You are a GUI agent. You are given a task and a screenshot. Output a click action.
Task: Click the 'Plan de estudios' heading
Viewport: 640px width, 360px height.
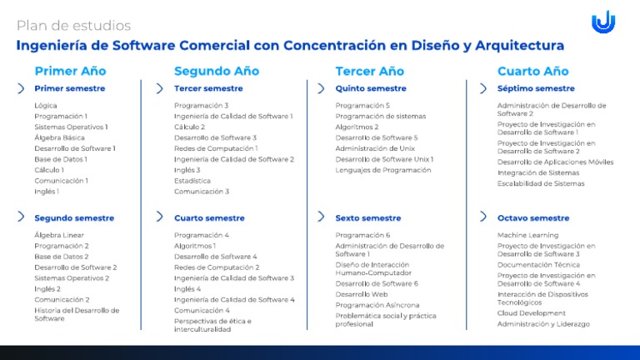tap(73, 26)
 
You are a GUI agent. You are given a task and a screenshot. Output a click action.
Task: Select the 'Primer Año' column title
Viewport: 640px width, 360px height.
tap(70, 71)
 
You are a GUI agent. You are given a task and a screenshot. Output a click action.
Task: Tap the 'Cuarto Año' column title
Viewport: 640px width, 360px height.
tap(532, 71)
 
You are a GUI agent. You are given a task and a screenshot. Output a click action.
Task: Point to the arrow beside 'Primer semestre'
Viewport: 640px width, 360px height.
tap(21, 88)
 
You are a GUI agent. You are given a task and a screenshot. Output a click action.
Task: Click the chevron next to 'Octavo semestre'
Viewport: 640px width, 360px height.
tap(483, 217)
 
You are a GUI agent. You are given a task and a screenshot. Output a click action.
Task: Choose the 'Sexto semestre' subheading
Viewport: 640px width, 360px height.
tap(367, 218)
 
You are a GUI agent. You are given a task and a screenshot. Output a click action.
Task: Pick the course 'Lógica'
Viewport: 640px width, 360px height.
tap(46, 105)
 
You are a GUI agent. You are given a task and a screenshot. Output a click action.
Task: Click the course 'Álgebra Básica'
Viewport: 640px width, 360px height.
tap(60, 137)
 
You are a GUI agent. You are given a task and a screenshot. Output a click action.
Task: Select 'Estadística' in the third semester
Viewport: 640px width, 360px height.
tap(192, 180)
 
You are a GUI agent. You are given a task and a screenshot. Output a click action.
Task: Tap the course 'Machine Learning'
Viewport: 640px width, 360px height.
tap(527, 235)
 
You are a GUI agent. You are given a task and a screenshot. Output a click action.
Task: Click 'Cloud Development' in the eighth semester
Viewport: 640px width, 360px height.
tap(531, 313)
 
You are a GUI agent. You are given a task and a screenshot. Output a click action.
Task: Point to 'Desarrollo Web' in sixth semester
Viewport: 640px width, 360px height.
tap(361, 294)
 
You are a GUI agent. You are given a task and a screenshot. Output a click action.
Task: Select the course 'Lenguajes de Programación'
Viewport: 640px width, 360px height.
tap(382, 170)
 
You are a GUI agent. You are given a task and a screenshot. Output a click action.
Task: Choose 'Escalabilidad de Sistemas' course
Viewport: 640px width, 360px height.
tap(540, 183)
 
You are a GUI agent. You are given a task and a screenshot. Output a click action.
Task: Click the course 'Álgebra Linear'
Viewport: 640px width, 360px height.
tap(59, 235)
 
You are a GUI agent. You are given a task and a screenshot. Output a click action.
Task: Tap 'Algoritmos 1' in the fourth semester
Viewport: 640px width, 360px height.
tap(195, 246)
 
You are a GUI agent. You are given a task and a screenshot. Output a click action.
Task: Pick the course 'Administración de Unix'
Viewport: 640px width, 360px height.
tap(375, 148)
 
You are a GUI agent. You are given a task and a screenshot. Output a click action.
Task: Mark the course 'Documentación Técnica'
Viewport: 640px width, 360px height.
tap(538, 264)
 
